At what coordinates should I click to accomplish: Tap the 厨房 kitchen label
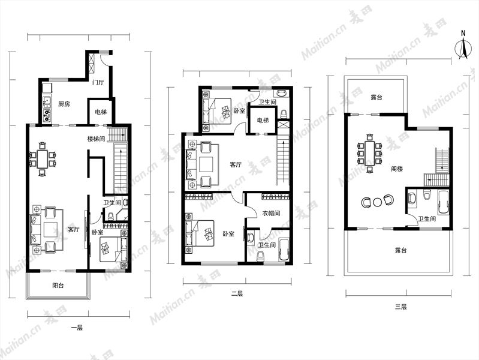pos(64,104)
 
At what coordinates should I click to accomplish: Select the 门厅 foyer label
pos(98,82)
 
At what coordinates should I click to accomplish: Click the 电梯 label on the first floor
pos(101,112)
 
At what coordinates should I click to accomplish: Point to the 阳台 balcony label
pos(58,286)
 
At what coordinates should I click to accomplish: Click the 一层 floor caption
pos(77,328)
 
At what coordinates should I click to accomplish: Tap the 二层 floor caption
pos(237,294)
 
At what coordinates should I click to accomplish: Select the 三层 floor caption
pos(400,307)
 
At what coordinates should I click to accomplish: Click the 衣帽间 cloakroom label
pos(271,213)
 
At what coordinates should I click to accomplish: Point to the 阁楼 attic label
pos(397,169)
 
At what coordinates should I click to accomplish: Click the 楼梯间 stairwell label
pos(96,139)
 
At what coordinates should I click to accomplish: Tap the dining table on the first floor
pos(43,159)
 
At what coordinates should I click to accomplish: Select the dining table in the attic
pos(370,153)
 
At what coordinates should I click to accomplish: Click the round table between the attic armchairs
pos(378,202)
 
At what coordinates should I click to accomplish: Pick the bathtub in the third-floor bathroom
pos(444,202)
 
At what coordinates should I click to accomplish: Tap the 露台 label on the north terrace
pos(376,98)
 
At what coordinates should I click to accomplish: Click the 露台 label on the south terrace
pos(400,250)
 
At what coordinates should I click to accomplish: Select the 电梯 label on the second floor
pos(263,121)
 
